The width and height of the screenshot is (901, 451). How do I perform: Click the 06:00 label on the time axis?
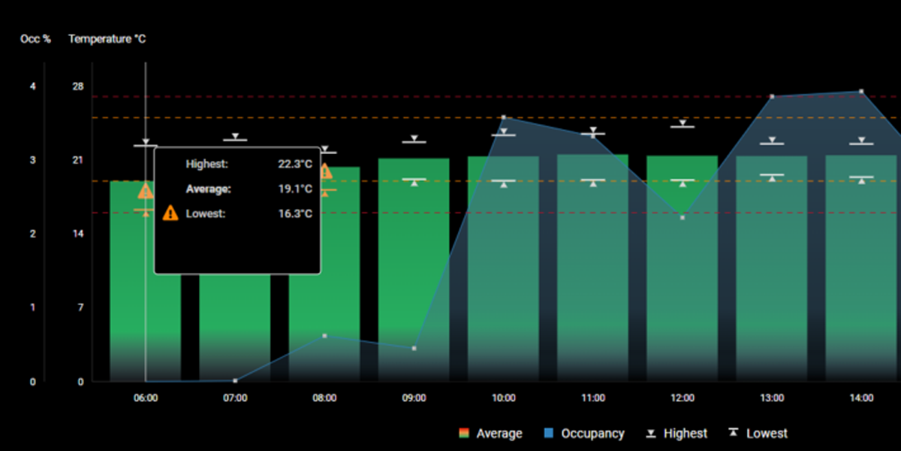pyautogui.click(x=146, y=398)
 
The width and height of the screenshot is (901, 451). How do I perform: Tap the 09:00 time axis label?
pyautogui.click(x=414, y=398)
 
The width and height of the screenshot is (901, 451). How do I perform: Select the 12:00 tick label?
pyautogui.click(x=683, y=398)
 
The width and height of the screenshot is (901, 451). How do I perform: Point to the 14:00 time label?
pyautogui.click(x=861, y=398)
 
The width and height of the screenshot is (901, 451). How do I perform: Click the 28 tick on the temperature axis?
pyautogui.click(x=77, y=86)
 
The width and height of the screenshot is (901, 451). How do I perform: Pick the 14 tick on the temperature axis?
pyautogui.click(x=77, y=234)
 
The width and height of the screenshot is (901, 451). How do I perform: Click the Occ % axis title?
pyautogui.click(x=35, y=38)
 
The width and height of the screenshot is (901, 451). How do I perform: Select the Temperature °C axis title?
pyautogui.click(x=107, y=38)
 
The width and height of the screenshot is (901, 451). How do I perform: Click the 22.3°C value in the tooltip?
pyautogui.click(x=294, y=164)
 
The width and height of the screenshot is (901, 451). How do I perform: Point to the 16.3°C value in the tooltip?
pyautogui.click(x=294, y=213)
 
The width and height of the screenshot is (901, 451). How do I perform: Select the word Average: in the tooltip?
pyautogui.click(x=208, y=189)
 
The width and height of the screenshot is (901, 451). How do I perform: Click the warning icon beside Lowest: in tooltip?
pyautogui.click(x=170, y=213)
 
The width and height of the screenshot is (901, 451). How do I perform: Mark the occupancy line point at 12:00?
pyautogui.click(x=683, y=217)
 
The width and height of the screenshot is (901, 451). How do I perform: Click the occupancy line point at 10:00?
pyautogui.click(x=503, y=117)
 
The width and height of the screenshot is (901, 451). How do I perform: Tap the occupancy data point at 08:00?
pyautogui.click(x=324, y=335)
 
